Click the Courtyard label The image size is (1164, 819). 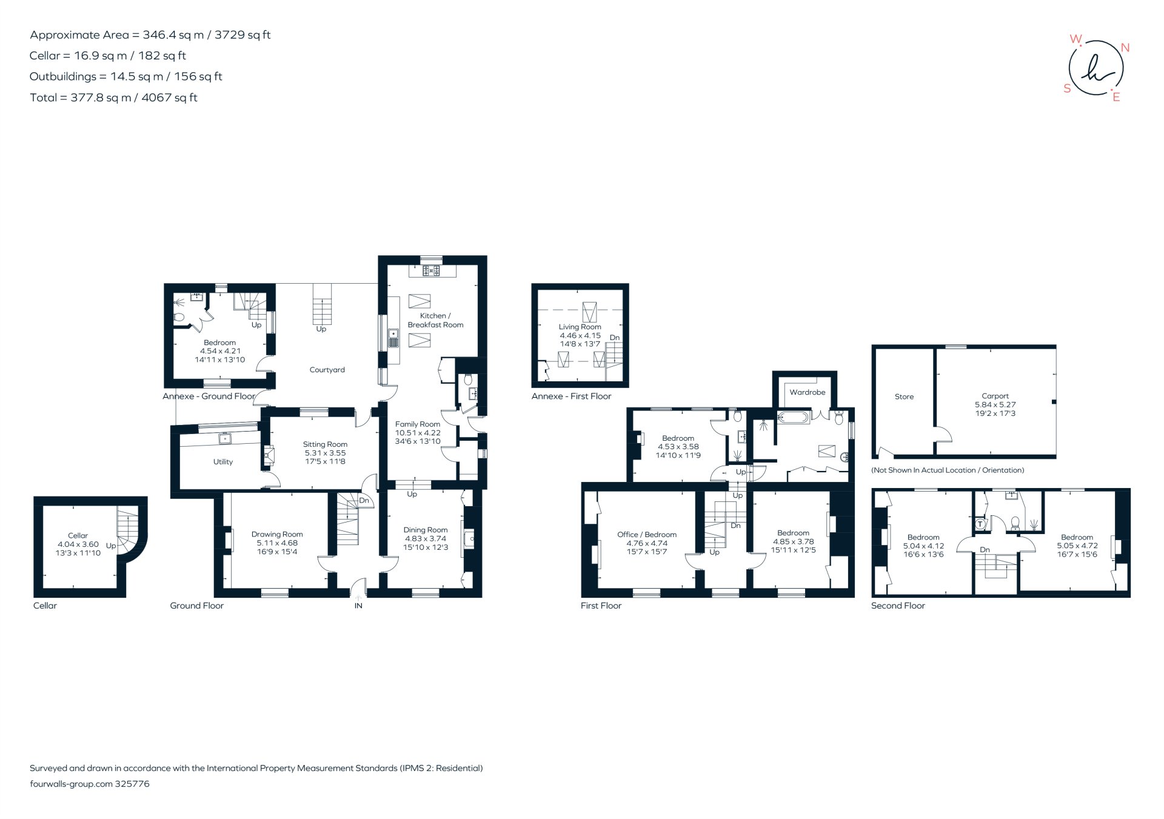(327, 370)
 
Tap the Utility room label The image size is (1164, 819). (222, 462)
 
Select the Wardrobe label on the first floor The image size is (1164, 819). (807, 392)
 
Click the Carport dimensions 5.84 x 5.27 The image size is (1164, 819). (995, 404)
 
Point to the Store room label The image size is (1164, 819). (904, 396)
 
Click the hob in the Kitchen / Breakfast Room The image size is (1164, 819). (432, 271)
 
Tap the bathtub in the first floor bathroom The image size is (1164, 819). (793, 418)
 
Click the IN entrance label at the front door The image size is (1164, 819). (358, 606)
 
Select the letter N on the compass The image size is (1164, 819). (1125, 48)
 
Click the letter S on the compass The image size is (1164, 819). (1067, 89)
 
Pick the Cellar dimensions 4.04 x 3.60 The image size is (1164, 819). (78, 544)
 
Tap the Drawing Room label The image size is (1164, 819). (277, 535)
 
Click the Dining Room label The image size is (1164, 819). (426, 530)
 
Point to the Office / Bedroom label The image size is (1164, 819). (647, 535)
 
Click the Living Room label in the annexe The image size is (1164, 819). (580, 327)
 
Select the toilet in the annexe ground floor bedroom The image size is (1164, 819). (179, 318)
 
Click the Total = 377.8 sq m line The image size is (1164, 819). (113, 98)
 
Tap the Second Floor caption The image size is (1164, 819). (898, 606)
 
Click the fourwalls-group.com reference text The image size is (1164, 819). (90, 784)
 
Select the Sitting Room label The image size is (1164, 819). (325, 444)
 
